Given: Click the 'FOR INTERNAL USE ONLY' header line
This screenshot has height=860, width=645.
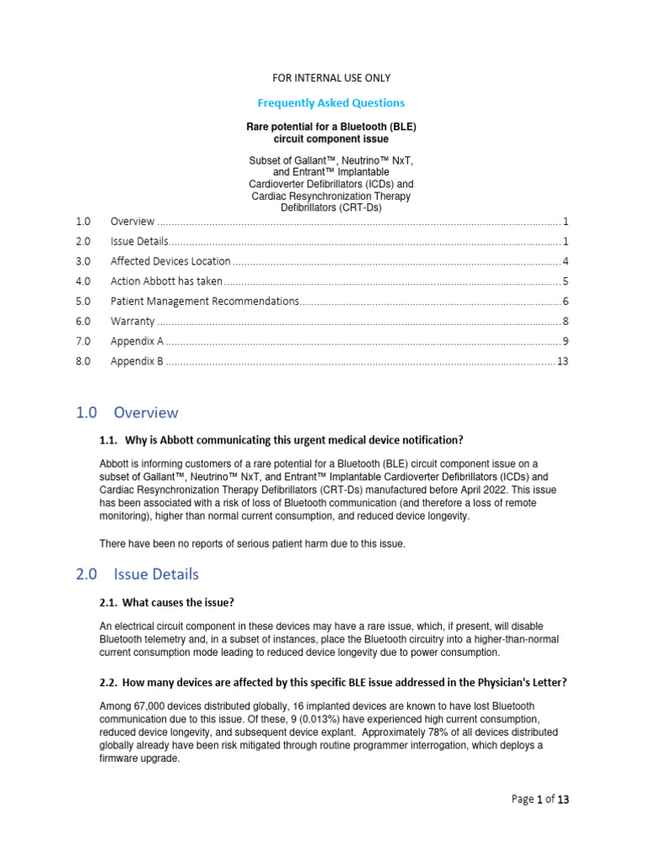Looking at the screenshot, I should pos(331,78).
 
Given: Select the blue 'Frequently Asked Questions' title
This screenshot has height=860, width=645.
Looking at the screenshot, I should pos(331,102).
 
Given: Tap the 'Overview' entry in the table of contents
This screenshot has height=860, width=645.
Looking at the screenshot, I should pos(133,222).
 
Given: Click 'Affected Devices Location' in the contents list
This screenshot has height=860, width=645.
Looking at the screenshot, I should pos(170,261).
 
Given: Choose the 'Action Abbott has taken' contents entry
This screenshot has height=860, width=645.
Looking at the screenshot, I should pos(166,281).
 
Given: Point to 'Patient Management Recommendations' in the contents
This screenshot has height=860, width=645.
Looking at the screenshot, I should pos(204,301).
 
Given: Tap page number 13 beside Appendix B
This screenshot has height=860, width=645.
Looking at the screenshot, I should pos(563,361).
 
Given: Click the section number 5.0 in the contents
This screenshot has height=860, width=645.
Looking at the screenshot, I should pos(82,301).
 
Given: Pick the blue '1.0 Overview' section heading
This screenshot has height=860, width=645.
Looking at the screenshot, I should pos(127,412).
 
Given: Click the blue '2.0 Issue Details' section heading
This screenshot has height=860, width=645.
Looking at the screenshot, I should pos(137,574).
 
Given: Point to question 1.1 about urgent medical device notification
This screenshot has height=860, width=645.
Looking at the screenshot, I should pos(281,440).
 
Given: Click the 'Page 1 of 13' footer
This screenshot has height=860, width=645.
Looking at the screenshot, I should pos(540,800).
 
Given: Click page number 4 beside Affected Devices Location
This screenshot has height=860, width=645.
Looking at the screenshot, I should pos(566,261).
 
